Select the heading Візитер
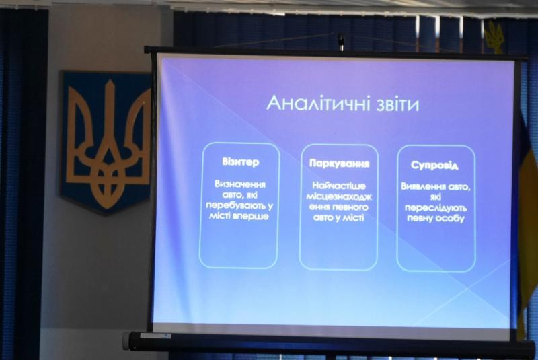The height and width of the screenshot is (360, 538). (x=241, y=162)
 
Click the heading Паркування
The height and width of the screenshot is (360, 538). (x=340, y=164)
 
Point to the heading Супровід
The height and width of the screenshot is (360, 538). (x=434, y=166)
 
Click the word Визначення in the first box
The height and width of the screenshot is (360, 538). (x=240, y=184)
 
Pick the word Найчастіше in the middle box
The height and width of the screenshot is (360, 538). (x=339, y=186)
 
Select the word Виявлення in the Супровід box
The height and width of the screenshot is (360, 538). (x=424, y=186)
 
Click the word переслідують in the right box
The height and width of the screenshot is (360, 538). (x=436, y=208)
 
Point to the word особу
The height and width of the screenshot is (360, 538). (x=450, y=219)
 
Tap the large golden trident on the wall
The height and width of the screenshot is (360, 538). (x=108, y=144)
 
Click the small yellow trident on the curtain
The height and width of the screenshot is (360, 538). (x=494, y=36)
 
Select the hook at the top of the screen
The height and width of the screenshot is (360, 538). (x=340, y=41)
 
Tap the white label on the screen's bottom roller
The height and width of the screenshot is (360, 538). (x=155, y=336)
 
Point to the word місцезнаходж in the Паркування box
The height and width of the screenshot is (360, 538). (x=339, y=196)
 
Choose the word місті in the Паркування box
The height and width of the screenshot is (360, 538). (x=354, y=217)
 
